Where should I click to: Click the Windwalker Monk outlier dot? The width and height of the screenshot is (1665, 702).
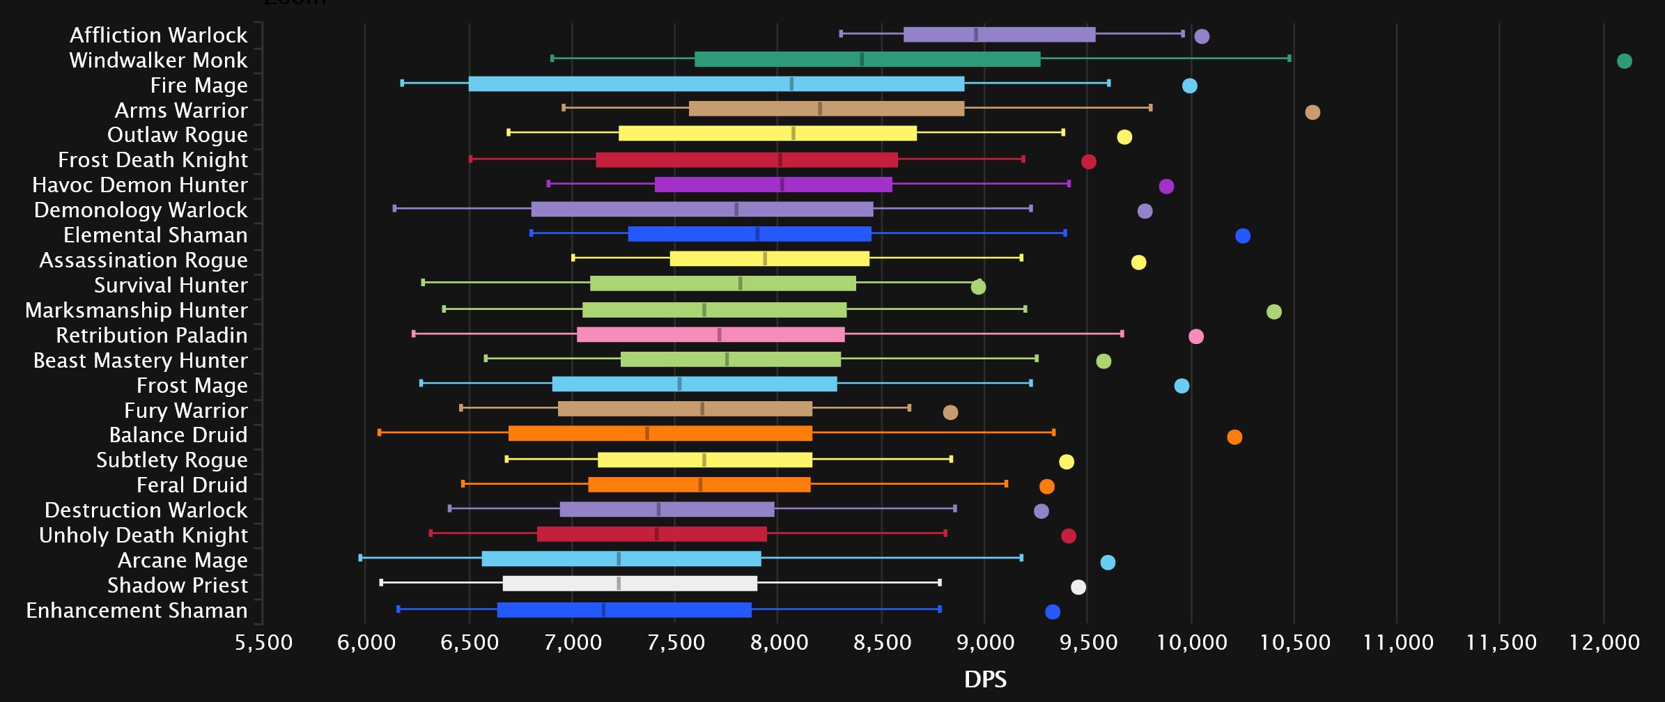pyautogui.click(x=1624, y=61)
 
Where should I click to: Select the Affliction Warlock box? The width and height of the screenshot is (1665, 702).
pyautogui.click(x=999, y=35)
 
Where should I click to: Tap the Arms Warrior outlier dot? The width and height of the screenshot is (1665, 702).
pyautogui.click(x=1312, y=112)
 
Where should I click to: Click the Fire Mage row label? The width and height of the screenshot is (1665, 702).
pyautogui.click(x=199, y=86)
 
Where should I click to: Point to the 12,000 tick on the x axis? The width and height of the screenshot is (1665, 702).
pyautogui.click(x=1604, y=642)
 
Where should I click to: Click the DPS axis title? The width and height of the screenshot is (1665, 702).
pyautogui.click(x=985, y=680)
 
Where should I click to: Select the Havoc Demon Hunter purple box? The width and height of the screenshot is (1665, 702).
pyautogui.click(x=773, y=185)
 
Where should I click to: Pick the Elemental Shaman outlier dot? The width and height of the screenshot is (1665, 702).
pyautogui.click(x=1243, y=236)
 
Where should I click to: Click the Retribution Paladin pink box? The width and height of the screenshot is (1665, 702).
pyautogui.click(x=711, y=335)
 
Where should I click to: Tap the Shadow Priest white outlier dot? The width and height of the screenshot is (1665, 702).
pyautogui.click(x=1078, y=587)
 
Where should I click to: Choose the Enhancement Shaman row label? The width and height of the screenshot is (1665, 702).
pyautogui.click(x=137, y=611)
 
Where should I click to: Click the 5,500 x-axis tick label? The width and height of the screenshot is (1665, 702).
pyautogui.click(x=263, y=642)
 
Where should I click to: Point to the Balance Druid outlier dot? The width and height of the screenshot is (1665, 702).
pyautogui.click(x=1234, y=437)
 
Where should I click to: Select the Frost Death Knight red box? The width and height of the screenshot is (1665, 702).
pyautogui.click(x=747, y=160)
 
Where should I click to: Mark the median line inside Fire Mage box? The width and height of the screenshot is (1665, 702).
pyautogui.click(x=791, y=84)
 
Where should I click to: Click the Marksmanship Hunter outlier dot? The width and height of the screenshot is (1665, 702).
pyautogui.click(x=1274, y=311)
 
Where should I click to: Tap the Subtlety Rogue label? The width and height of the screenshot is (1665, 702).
pyautogui.click(x=171, y=460)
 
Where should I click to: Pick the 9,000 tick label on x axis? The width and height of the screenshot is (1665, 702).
pyautogui.click(x=985, y=642)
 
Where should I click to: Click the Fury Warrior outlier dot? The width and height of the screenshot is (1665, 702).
pyautogui.click(x=950, y=412)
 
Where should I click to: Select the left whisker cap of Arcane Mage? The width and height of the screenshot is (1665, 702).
pyautogui.click(x=360, y=558)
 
